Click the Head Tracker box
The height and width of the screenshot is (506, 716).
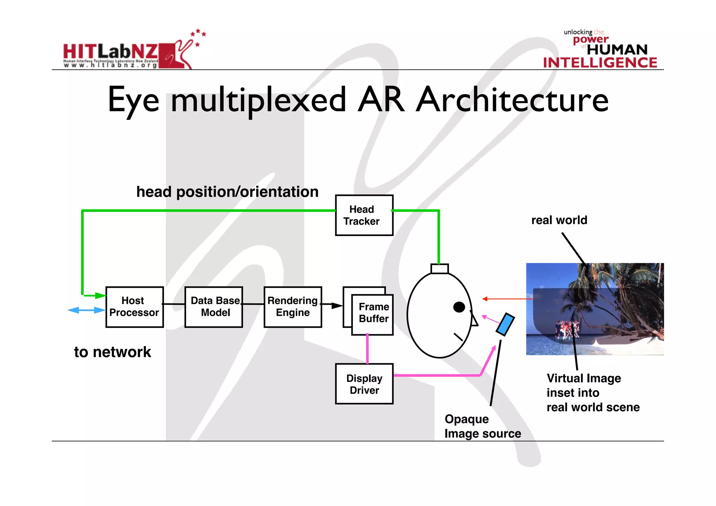[x=364, y=215]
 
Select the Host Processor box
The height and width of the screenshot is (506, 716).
[x=135, y=307]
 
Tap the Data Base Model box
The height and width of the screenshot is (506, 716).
[x=214, y=307]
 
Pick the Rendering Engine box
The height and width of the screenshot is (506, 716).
[x=293, y=307]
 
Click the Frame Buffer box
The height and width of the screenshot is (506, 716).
[x=373, y=314]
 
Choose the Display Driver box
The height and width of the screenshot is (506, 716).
[x=364, y=384]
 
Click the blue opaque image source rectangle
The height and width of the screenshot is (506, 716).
[x=505, y=324]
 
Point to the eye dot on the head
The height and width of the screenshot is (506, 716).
[x=459, y=307]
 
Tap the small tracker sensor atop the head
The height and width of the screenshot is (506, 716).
[x=439, y=269]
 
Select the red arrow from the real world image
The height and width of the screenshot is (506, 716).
[x=507, y=299]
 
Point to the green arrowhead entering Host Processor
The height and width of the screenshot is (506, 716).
[x=100, y=296]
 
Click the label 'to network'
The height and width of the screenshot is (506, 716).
[x=113, y=352]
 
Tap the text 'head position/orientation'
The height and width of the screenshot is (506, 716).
[x=227, y=192]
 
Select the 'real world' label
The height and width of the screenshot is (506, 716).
[x=559, y=220]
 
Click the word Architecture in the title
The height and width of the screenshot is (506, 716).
[x=512, y=100]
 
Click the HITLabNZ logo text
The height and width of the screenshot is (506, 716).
[x=110, y=51]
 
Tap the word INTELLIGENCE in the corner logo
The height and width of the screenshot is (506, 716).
[x=600, y=63]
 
